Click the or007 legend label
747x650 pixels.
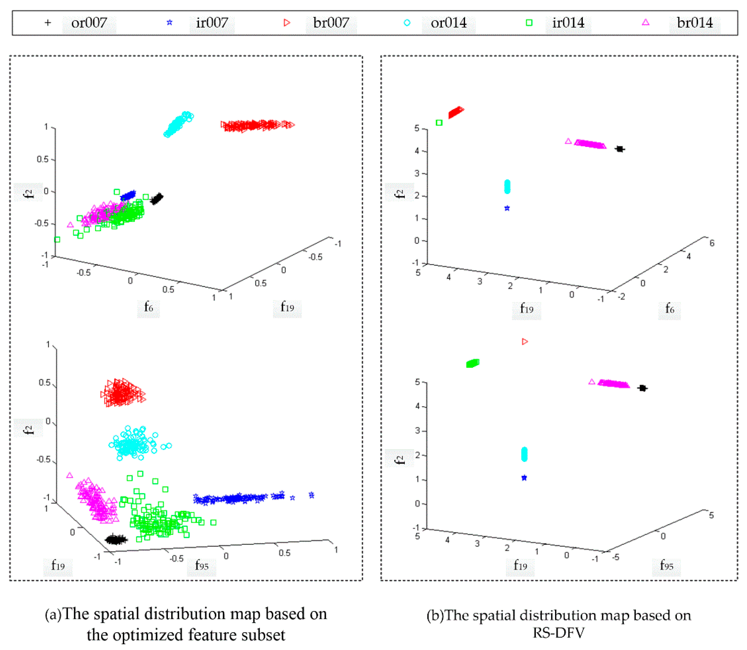click(89, 23)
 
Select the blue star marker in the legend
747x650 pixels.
click(169, 23)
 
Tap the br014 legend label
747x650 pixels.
click(694, 23)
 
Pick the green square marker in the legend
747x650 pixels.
click(529, 23)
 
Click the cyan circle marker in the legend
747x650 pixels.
click(407, 23)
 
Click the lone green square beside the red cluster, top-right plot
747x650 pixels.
click(439, 123)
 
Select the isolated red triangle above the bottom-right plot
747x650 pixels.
click(525, 341)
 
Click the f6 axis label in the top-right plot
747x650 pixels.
click(669, 309)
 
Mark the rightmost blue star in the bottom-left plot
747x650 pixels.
click(311, 495)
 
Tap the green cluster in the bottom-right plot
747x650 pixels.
click(472, 363)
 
